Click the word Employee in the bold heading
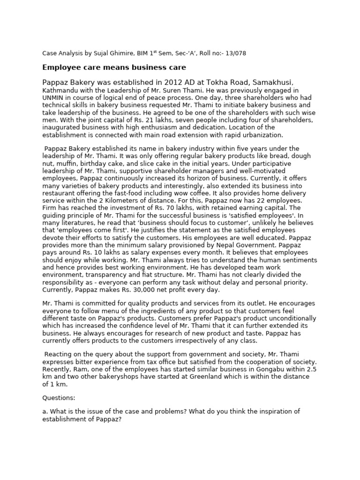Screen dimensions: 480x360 click(62, 67)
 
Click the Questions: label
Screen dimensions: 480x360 click(59, 397)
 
